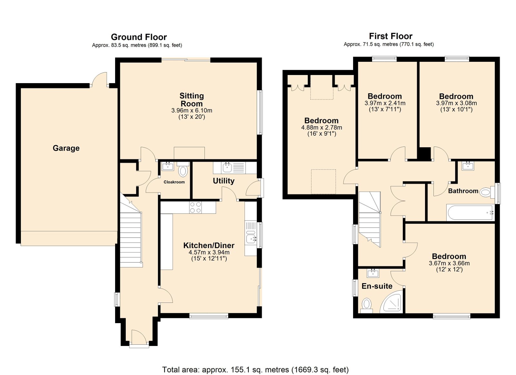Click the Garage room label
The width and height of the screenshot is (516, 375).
point(66,148)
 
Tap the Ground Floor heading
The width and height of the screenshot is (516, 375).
point(139,37)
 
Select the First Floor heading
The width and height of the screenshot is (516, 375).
point(391,36)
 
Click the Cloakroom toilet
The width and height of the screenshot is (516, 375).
point(183,169)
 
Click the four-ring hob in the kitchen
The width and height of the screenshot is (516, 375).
point(195,207)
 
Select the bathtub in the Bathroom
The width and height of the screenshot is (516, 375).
point(470,212)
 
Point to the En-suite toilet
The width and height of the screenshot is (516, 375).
point(366,306)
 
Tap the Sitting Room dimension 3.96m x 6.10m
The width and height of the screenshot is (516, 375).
point(192,111)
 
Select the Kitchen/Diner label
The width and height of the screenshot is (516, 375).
point(209,245)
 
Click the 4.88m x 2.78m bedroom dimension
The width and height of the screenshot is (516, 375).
point(322,128)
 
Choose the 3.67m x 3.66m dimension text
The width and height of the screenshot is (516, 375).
point(449,263)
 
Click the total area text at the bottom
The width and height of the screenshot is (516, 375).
point(255,363)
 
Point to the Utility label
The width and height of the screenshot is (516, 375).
point(223,181)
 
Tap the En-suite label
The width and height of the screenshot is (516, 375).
point(377,286)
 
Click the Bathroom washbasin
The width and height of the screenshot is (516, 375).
point(468,166)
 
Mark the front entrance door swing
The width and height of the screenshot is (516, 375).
point(139,336)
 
